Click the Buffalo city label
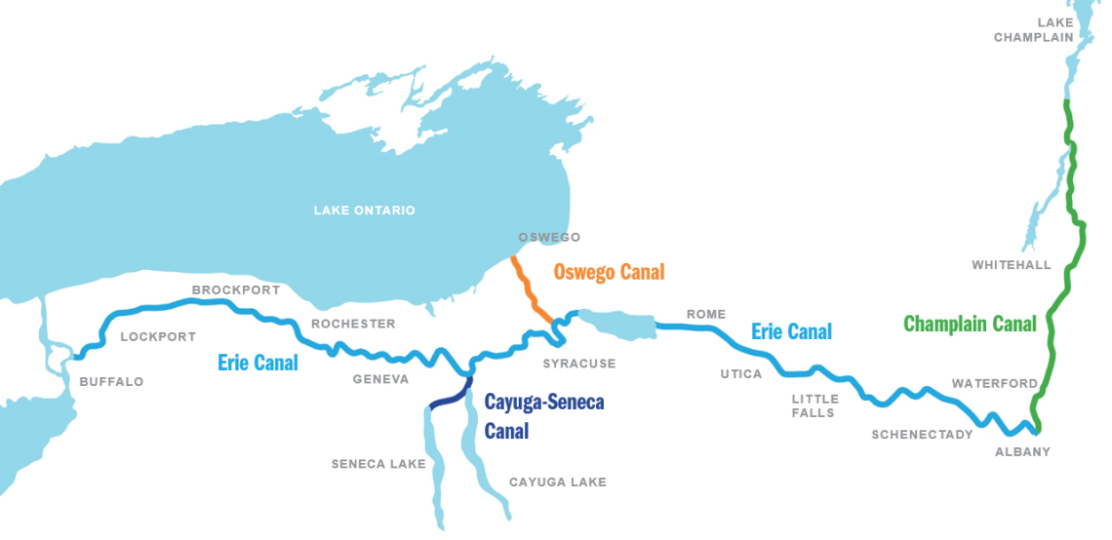pyautogui.click(x=111, y=381)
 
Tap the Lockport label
pyautogui.click(x=158, y=337)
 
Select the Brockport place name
pyautogui.click(x=236, y=289)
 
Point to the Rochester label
pyautogui.click(x=353, y=324)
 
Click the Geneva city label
pyautogui.click(x=380, y=379)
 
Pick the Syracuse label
pyautogui.click(x=579, y=364)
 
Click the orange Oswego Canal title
pyautogui.click(x=609, y=272)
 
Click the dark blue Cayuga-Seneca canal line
pyautogui.click(x=449, y=396)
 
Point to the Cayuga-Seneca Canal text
pyautogui.click(x=544, y=415)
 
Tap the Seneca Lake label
pyautogui.click(x=378, y=464)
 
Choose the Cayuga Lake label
pyautogui.click(x=557, y=482)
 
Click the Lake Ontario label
pyautogui.click(x=364, y=211)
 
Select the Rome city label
pyautogui.click(x=706, y=314)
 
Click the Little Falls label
pyautogui.click(x=814, y=405)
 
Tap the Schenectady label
pyautogui.click(x=922, y=434)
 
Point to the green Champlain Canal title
pyautogui.click(x=970, y=324)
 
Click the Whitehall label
pyautogui.click(x=1012, y=265)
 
